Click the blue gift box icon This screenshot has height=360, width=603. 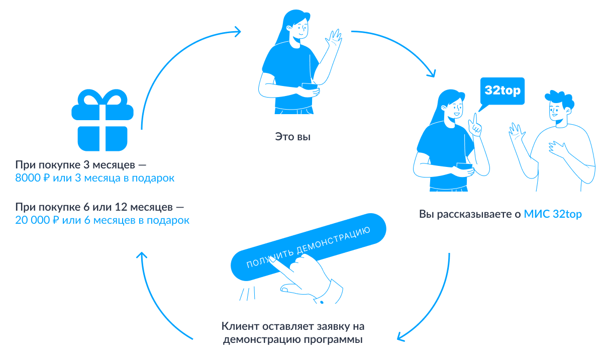click(103, 126)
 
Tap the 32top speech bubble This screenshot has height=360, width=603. click(502, 92)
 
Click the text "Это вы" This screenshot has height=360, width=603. click(292, 136)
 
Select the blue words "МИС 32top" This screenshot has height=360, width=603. click(553, 214)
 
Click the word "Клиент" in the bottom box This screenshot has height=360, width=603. click(237, 325)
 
